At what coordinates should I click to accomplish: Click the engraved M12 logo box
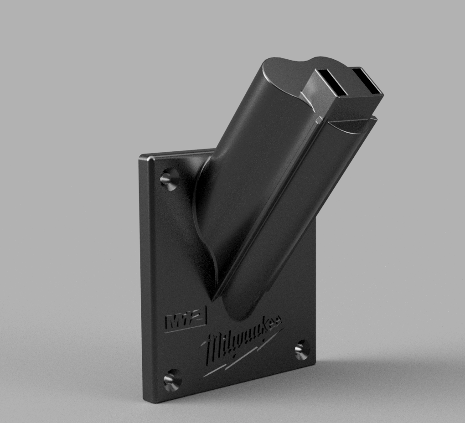point(186,318)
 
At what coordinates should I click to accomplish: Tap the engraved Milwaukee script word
point(242,340)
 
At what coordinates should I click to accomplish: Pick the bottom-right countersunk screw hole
point(301,349)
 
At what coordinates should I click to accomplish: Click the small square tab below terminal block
point(319,120)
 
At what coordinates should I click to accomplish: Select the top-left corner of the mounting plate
point(142,158)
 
